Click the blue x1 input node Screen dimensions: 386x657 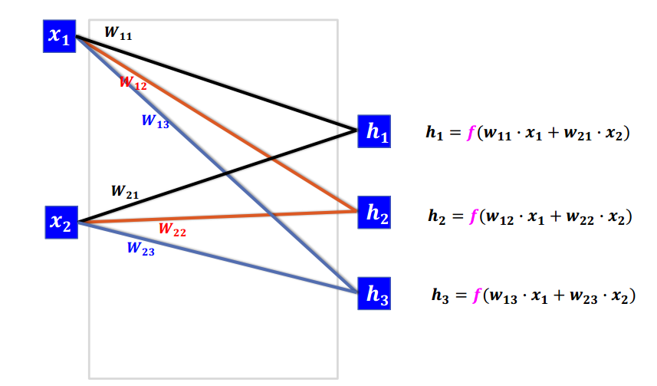click(59, 37)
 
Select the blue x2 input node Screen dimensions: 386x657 click(61, 223)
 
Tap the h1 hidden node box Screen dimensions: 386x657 click(376, 131)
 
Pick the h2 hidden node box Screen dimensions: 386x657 click(376, 214)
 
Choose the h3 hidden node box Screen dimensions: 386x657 click(376, 294)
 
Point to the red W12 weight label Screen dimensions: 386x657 click(133, 84)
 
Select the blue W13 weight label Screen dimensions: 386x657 click(155, 121)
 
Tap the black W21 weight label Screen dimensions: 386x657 click(125, 191)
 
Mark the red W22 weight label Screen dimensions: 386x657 click(172, 229)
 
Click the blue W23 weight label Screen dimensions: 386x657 click(140, 249)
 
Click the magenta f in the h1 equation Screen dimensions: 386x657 click(471, 133)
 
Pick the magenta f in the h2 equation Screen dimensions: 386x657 click(472, 216)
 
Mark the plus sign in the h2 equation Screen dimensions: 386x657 click(552, 217)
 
